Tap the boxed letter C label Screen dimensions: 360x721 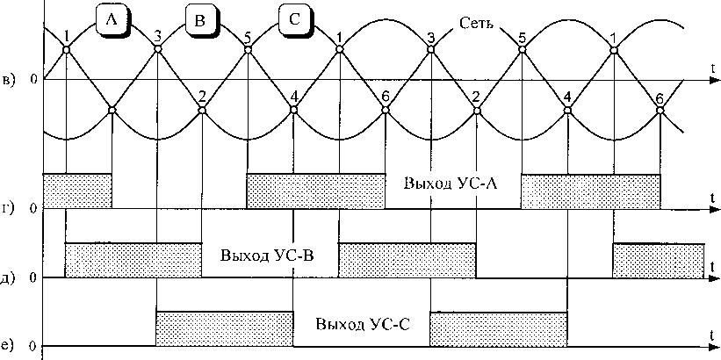click(293, 21)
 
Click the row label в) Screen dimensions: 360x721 click(10, 81)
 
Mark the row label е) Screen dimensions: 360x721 click(10, 346)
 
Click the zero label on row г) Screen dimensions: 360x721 click(33, 209)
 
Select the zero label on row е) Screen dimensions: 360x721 click(33, 346)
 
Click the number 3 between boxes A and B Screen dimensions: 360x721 click(157, 35)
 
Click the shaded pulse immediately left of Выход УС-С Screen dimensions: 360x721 click(224, 325)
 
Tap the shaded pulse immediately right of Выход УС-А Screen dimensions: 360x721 click(590, 191)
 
